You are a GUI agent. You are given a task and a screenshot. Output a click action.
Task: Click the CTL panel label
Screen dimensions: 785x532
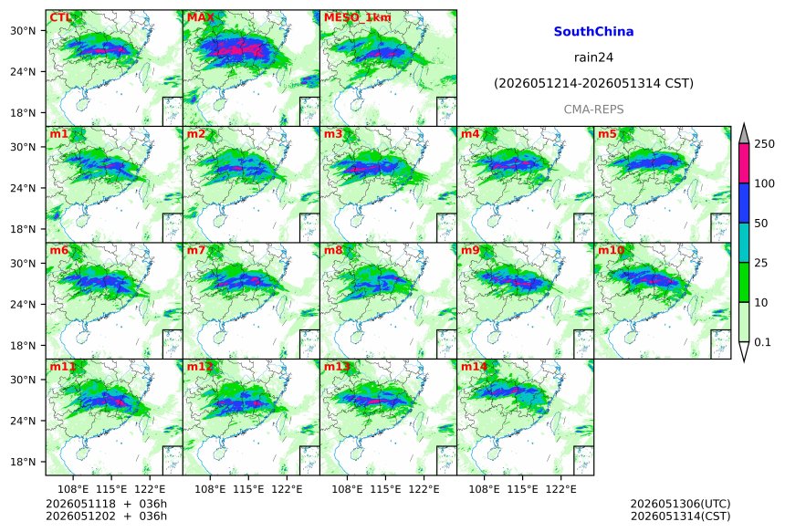tap(60, 17)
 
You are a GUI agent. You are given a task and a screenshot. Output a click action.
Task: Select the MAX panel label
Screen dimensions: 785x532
tap(200, 17)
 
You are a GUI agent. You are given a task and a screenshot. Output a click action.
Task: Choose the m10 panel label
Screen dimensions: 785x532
tap(611, 250)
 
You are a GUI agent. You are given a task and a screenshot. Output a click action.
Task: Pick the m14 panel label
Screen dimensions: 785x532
tap(474, 366)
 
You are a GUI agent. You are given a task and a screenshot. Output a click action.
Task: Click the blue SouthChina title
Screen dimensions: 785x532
tap(593, 32)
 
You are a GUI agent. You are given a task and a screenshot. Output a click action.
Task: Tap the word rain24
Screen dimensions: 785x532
tap(593, 57)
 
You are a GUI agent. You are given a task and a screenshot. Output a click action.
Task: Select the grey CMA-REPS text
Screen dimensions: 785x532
tap(593, 110)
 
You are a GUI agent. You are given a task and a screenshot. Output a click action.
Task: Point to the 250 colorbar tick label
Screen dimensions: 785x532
tap(765, 144)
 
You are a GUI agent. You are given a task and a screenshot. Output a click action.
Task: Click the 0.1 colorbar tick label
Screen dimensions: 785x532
tap(762, 342)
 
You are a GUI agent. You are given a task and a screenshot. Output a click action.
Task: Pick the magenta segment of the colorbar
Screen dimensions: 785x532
tap(744, 163)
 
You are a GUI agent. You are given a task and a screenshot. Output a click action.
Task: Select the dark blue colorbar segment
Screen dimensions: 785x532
tap(744, 203)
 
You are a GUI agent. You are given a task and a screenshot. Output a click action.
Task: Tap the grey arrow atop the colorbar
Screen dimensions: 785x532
tap(744, 134)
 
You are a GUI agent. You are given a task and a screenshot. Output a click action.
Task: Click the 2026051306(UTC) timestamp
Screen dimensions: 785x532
tap(680, 504)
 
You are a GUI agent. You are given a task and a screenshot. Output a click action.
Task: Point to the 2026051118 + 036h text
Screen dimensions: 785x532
tap(106, 504)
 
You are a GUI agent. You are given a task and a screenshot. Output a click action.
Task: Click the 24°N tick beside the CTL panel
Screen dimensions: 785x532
tap(23, 72)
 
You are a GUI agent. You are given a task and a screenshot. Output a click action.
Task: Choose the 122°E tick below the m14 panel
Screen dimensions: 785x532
tap(560, 488)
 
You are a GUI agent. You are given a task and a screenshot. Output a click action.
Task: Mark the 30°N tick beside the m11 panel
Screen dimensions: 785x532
tap(23, 380)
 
